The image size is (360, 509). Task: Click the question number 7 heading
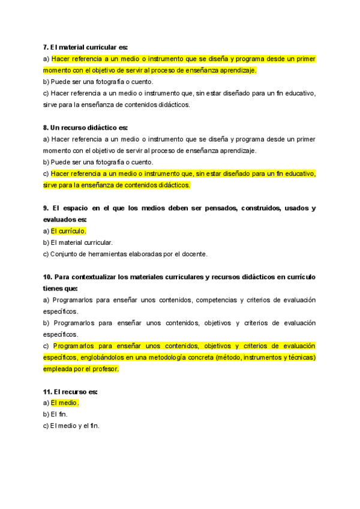coord(46,47)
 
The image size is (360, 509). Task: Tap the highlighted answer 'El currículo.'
coord(68,231)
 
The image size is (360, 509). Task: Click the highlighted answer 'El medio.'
coord(65,403)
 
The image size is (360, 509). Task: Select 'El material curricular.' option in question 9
coord(82,242)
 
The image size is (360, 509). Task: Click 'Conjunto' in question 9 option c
coord(64,254)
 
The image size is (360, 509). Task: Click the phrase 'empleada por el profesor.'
coord(81,369)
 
